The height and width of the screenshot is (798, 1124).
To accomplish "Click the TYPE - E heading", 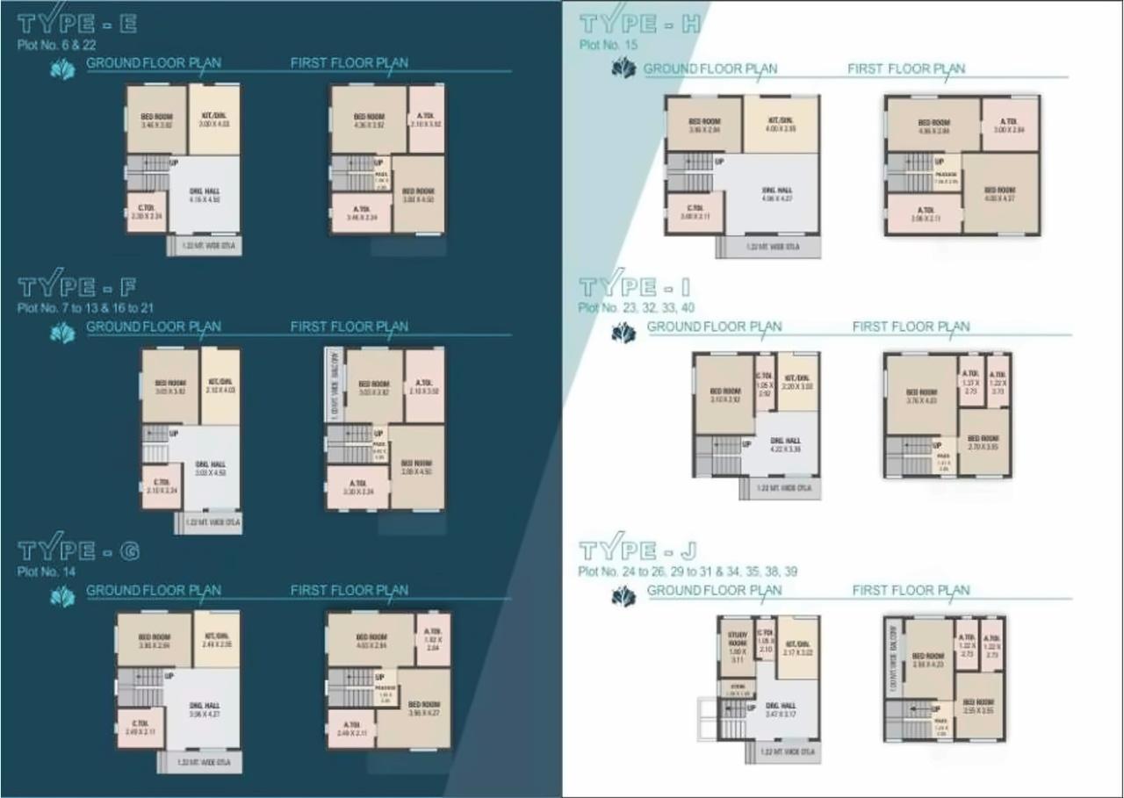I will click(x=77, y=24).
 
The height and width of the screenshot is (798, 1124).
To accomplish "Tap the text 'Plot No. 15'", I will click(x=608, y=45).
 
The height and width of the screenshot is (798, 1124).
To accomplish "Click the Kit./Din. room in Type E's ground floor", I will click(x=213, y=120).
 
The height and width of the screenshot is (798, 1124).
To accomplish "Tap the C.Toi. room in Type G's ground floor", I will click(x=140, y=728).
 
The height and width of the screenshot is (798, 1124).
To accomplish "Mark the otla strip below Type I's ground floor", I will click(x=780, y=488).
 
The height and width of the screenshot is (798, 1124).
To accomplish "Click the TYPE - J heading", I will click(x=638, y=550).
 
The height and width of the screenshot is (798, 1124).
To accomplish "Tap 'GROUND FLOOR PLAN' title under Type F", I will click(x=154, y=327).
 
